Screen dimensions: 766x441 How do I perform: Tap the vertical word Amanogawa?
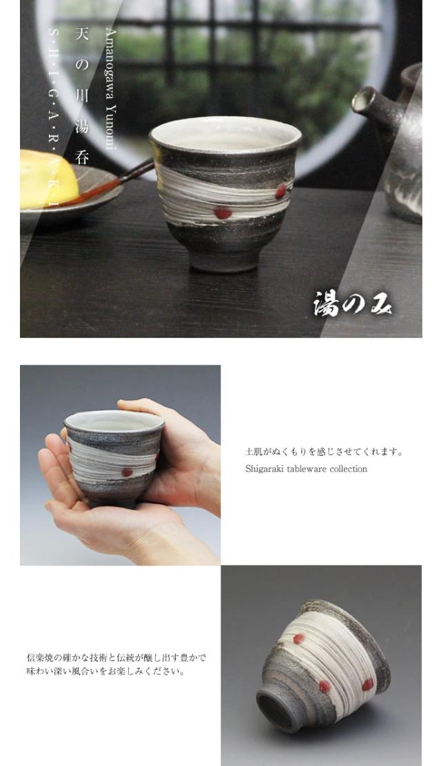tap(111, 65)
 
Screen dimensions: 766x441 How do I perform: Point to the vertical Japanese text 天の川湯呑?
tap(82, 97)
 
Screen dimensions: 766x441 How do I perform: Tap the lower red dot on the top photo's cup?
tap(223, 212)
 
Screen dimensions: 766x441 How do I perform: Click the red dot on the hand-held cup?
tap(127, 472)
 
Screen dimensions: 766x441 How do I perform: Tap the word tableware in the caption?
tap(307, 469)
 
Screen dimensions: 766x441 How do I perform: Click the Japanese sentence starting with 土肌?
tap(324, 452)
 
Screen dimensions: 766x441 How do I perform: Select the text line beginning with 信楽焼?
tap(116, 658)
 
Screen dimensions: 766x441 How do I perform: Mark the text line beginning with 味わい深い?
tap(105, 671)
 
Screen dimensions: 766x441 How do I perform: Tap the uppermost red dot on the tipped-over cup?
tap(298, 639)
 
